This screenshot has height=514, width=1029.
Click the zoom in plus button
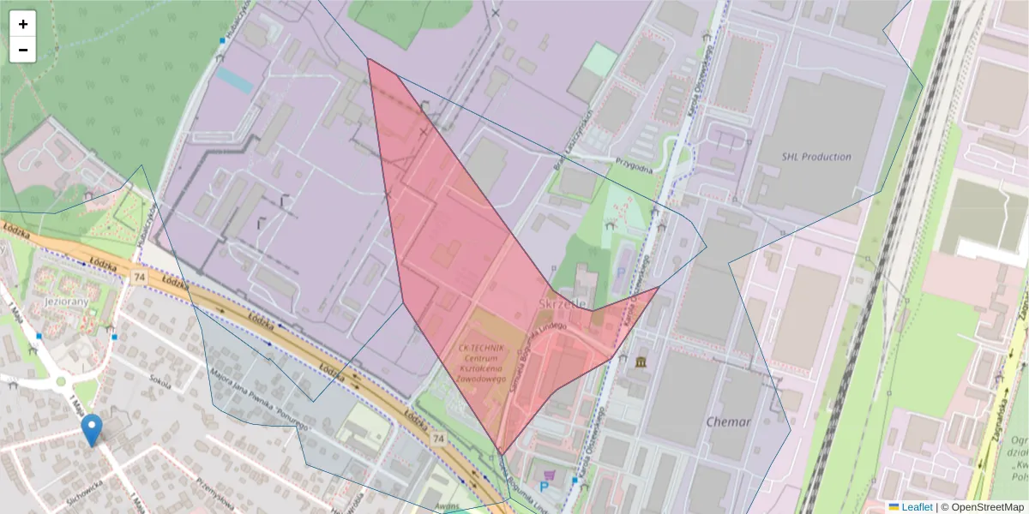23,24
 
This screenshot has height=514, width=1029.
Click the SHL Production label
815,157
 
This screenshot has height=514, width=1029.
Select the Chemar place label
728,421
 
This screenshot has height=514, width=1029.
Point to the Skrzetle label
563,303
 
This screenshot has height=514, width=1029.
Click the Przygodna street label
635,164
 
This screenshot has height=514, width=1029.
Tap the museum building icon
641,362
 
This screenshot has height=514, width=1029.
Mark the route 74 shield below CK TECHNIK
438,439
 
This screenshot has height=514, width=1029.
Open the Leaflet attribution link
917,507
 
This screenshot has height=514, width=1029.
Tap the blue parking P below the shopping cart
543,487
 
